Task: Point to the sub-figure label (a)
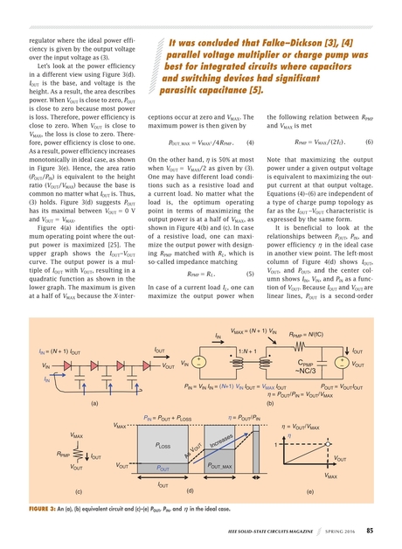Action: (x=93, y=403)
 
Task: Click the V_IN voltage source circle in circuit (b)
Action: (x=200, y=363)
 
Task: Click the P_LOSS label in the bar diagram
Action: (x=162, y=446)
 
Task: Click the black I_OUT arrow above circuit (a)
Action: (x=161, y=356)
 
